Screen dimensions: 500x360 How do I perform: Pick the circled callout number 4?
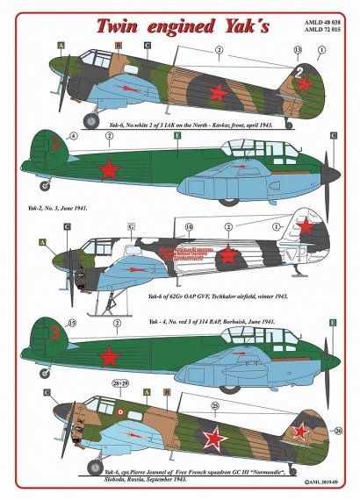click(x=73, y=136)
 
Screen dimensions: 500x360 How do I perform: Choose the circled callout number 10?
click(x=189, y=226)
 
